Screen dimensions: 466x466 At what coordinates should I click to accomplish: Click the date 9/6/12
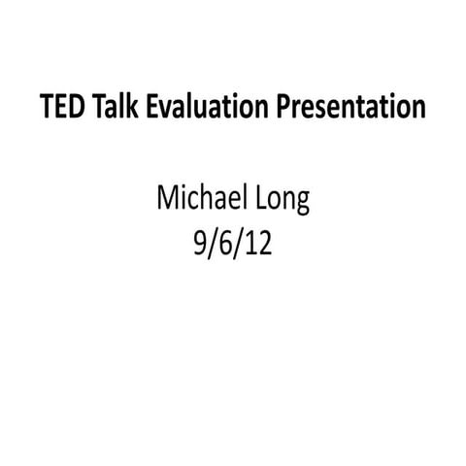pos(232,240)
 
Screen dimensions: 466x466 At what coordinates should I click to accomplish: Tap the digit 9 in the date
pos(201,240)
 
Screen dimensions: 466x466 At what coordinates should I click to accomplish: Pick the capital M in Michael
pos(166,201)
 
